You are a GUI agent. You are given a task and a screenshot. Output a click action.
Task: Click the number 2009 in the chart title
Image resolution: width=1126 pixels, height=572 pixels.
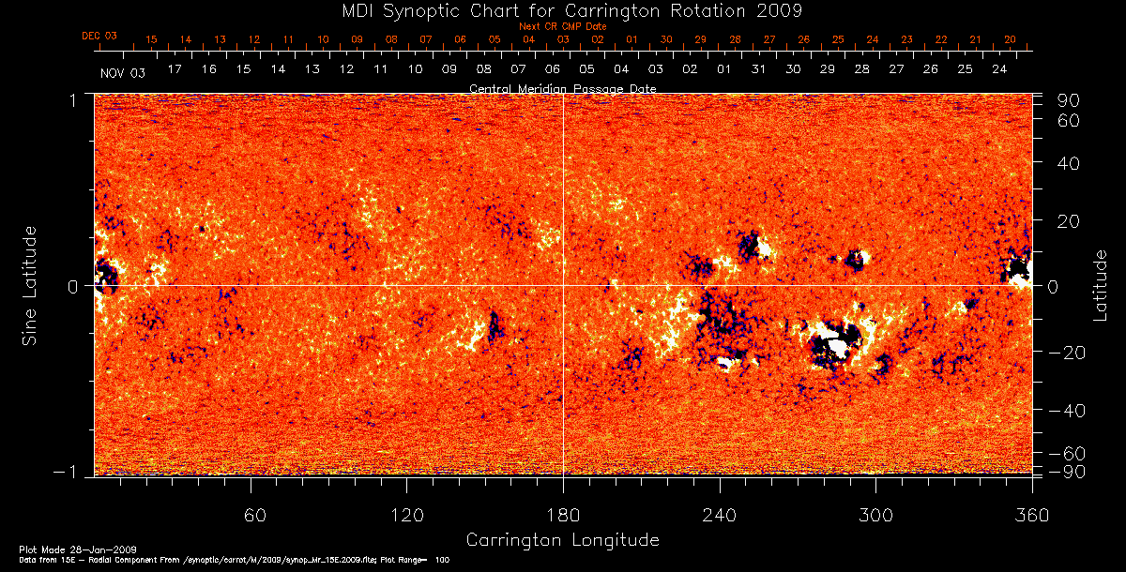click(x=774, y=11)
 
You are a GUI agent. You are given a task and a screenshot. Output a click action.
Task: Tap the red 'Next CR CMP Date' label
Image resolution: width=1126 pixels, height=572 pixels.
click(x=563, y=26)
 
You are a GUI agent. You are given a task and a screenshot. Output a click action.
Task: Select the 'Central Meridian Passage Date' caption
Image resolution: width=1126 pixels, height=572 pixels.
click(x=562, y=88)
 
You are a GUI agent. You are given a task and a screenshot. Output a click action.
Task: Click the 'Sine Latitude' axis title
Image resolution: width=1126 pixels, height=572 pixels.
click(x=31, y=284)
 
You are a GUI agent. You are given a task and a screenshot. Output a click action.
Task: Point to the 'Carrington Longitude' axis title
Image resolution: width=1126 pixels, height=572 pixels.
click(x=562, y=540)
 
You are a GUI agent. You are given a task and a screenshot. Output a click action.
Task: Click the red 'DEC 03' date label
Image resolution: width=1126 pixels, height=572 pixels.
click(x=99, y=36)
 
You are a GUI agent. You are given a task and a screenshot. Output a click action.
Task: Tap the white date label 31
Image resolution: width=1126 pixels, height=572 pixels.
click(x=758, y=69)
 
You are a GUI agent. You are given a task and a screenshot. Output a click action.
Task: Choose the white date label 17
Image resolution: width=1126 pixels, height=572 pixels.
click(x=175, y=69)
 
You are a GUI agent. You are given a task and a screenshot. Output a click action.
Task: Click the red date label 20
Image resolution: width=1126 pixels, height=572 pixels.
click(x=1010, y=39)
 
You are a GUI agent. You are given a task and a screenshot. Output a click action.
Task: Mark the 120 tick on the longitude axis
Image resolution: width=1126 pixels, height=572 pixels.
click(x=406, y=515)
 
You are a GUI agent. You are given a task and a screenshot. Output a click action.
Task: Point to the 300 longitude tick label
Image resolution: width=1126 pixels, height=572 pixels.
click(x=875, y=515)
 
